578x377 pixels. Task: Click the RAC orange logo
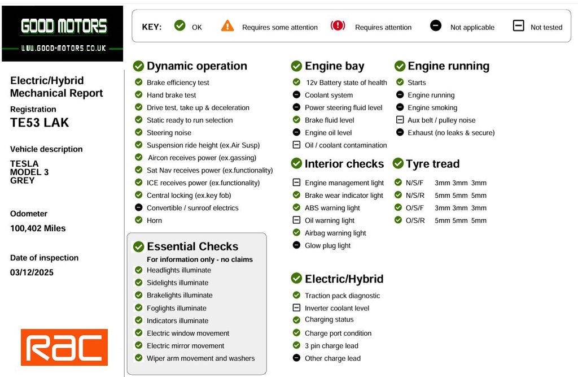click(x=64, y=347)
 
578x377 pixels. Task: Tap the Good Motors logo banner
click(x=63, y=33)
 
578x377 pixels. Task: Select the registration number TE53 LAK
click(x=40, y=122)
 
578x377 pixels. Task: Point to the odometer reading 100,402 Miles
click(x=38, y=228)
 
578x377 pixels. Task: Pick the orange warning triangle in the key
click(x=227, y=25)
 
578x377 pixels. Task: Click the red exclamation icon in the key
click(x=338, y=25)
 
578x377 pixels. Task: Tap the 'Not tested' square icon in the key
click(x=518, y=25)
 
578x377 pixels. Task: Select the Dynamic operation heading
click(x=196, y=66)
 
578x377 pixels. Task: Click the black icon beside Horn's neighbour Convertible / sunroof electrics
click(x=139, y=207)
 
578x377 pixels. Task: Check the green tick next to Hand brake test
click(x=139, y=95)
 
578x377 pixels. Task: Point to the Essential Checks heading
click(x=192, y=246)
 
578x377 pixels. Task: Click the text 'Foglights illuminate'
click(x=177, y=308)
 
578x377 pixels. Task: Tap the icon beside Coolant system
click(x=296, y=95)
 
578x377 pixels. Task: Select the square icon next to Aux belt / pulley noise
click(x=400, y=120)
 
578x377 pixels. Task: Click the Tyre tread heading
click(x=432, y=164)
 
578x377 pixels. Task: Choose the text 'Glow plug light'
click(x=327, y=245)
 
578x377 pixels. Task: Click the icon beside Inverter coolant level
click(x=296, y=308)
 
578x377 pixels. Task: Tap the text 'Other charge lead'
click(x=332, y=358)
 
